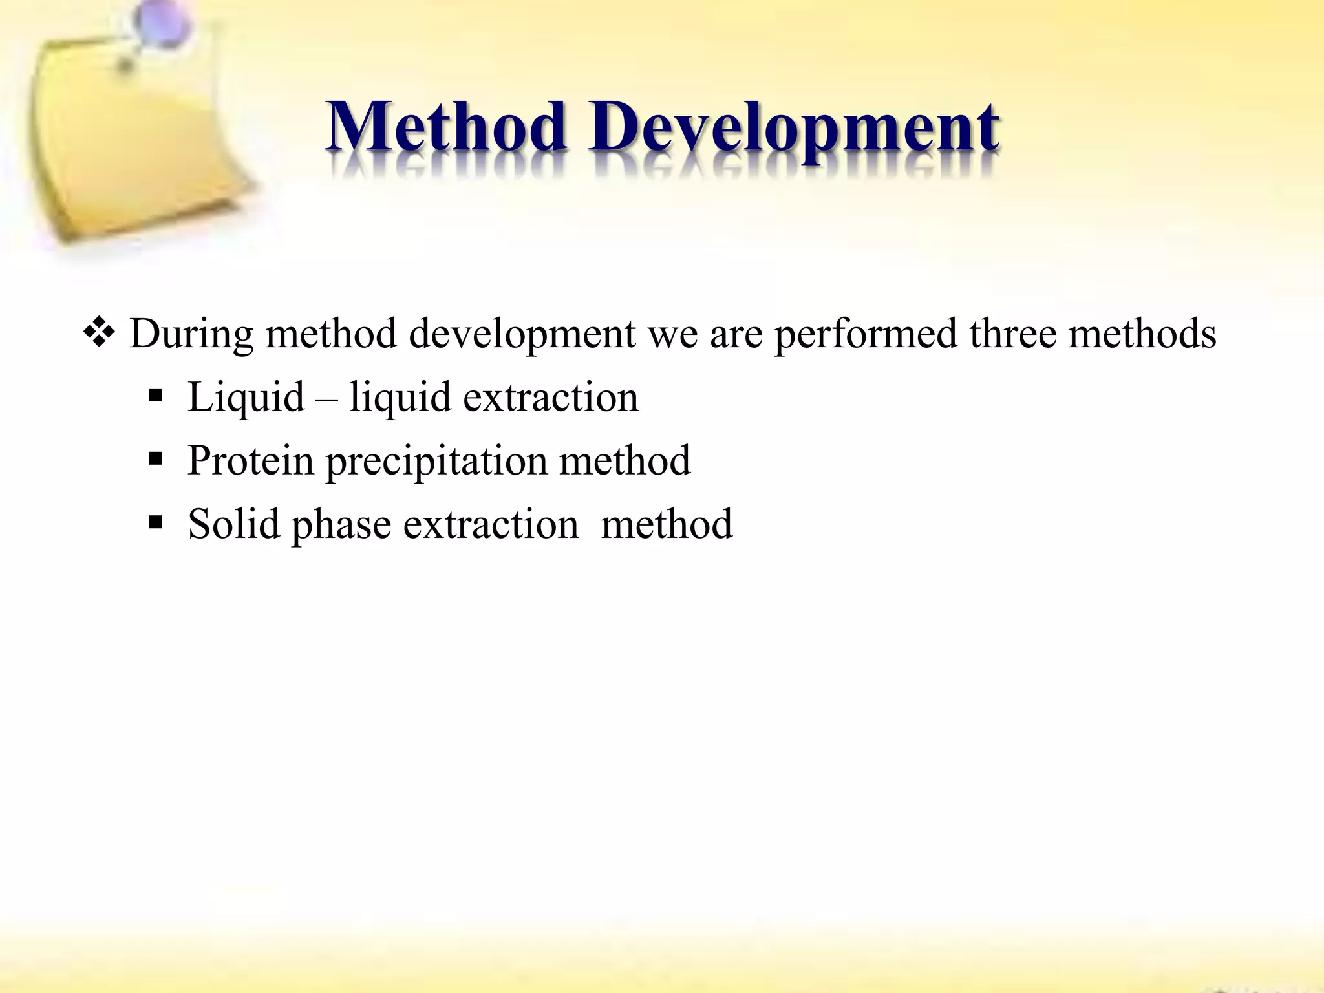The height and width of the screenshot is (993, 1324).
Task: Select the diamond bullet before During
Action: pyautogui.click(x=100, y=334)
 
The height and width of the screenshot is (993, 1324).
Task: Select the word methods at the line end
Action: pyautogui.click(x=1142, y=334)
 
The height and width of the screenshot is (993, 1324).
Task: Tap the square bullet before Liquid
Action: pyautogui.click(x=155, y=396)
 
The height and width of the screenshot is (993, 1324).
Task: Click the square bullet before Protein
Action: pyautogui.click(x=155, y=460)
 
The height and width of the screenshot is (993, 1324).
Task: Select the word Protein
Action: pyautogui.click(x=250, y=461)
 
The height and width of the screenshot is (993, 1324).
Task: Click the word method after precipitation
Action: pyautogui.click(x=625, y=461)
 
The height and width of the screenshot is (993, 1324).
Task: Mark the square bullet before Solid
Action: pyautogui.click(x=155, y=522)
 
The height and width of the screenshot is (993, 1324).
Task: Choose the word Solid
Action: pyautogui.click(x=233, y=524)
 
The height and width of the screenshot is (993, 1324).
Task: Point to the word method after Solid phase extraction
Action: pyautogui.click(x=667, y=524)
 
